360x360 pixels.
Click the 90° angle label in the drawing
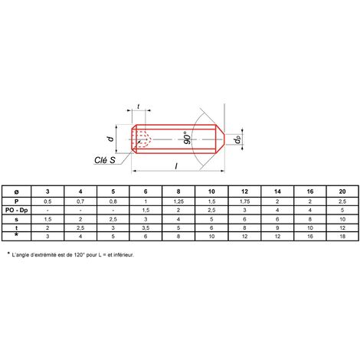pos(188,138)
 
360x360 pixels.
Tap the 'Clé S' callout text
pos(105,160)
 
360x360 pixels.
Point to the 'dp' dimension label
pos(237,139)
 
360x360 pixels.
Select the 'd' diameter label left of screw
pos(110,139)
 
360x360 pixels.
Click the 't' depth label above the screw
pos(139,106)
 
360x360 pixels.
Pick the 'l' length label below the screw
pos(176,166)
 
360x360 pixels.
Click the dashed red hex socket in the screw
pos(143,139)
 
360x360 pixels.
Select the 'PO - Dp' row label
pos(16,211)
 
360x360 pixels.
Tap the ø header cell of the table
pos(16,191)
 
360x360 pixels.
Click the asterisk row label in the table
pos(16,234)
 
